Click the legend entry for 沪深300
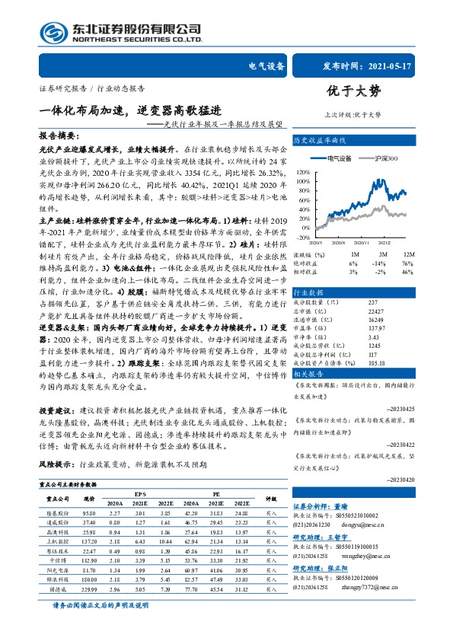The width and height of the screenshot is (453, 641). (389, 157)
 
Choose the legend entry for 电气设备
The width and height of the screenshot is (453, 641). (338, 157)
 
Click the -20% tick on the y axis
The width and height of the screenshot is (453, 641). (302, 236)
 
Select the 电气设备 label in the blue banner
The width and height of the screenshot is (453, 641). (266, 68)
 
